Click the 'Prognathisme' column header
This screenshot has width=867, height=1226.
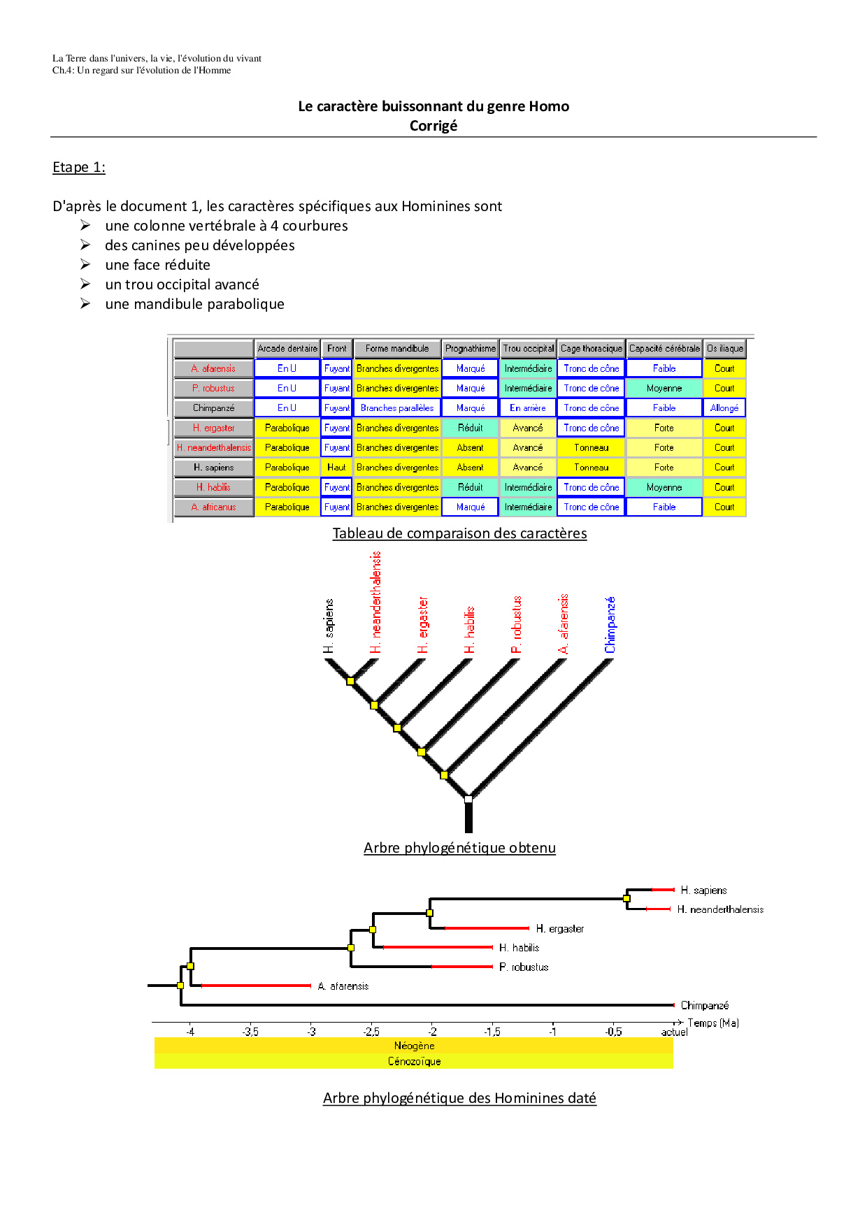pyautogui.click(x=471, y=348)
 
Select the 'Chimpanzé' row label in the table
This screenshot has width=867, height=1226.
pyautogui.click(x=213, y=408)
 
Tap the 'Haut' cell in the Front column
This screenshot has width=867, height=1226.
pyautogui.click(x=336, y=467)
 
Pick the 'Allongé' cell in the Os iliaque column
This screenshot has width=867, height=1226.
pyautogui.click(x=724, y=408)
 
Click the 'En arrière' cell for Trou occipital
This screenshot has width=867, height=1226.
pyautogui.click(x=528, y=408)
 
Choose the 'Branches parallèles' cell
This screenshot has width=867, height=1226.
pyautogui.click(x=397, y=408)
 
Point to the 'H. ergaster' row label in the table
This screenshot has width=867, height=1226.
pyautogui.click(x=213, y=428)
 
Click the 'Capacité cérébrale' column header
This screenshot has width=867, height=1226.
pyautogui.click(x=664, y=348)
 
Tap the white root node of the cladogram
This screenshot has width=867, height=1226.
pyautogui.click(x=468, y=799)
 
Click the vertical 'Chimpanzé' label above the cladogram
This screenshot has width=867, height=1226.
pyautogui.click(x=610, y=625)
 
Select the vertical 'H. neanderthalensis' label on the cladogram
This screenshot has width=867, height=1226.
pyautogui.click(x=376, y=603)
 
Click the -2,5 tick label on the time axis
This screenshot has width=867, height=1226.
pyautogui.click(x=371, y=1032)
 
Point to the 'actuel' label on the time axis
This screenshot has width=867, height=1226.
pyautogui.click(x=674, y=1032)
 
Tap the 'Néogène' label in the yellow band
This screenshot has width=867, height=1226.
pyautogui.click(x=414, y=1046)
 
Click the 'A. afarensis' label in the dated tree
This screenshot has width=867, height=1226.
pyautogui.click(x=343, y=986)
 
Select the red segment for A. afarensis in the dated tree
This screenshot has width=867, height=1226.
pyautogui.click(x=256, y=986)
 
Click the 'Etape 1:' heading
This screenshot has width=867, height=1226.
pyautogui.click(x=79, y=167)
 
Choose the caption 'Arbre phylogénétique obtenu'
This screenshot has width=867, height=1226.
pyautogui.click(x=459, y=848)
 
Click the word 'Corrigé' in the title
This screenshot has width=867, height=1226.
pyautogui.click(x=433, y=126)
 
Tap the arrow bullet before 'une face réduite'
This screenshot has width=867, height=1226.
pyautogui.click(x=85, y=264)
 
